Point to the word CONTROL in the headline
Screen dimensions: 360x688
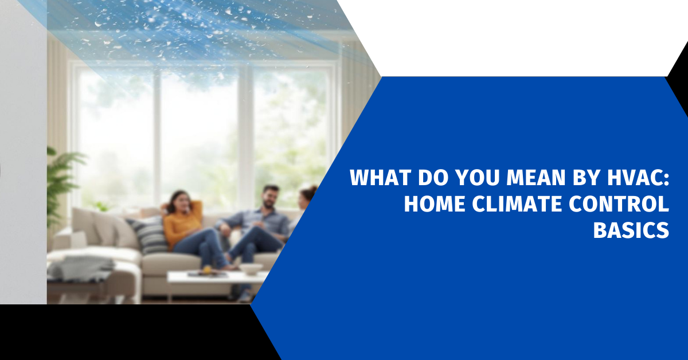click(626, 204)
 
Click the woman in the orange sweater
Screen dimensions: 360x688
click(183, 221)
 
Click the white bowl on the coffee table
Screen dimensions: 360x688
click(251, 268)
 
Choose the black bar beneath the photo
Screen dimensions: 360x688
click(126, 332)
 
